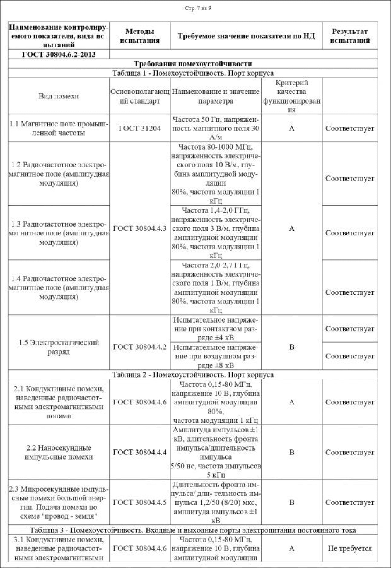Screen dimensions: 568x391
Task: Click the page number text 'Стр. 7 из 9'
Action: pos(198,8)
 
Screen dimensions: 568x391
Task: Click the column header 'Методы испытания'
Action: pos(140,36)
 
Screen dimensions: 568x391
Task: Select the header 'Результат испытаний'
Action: pos(350,36)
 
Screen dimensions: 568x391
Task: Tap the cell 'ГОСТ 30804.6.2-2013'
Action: pos(59,55)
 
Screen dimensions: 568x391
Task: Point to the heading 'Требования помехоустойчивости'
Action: pos(193,64)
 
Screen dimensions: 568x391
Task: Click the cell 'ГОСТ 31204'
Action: pos(140,128)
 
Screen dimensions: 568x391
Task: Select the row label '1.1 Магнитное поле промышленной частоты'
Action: pos(59,128)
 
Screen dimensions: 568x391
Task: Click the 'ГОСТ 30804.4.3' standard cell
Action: pos(140,229)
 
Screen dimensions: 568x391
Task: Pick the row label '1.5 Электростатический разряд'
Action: pos(59,347)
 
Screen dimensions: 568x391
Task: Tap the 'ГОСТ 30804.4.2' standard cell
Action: pos(140,347)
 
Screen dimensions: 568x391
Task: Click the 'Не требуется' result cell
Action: pos(350,548)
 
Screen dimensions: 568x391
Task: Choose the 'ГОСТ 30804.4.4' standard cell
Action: pos(140,452)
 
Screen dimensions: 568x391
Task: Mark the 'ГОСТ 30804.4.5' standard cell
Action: pos(140,503)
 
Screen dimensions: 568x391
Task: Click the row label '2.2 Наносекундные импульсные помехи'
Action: pos(59,452)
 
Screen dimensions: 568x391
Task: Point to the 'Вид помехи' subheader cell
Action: pos(59,96)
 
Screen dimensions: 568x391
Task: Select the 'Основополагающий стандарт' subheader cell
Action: pos(140,96)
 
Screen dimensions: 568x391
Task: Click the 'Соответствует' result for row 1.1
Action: pos(350,128)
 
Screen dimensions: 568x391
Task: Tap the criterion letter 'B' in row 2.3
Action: pos(291,503)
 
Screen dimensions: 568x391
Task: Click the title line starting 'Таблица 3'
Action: pos(193,530)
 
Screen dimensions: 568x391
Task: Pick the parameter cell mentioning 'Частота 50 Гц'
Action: pos(215,128)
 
